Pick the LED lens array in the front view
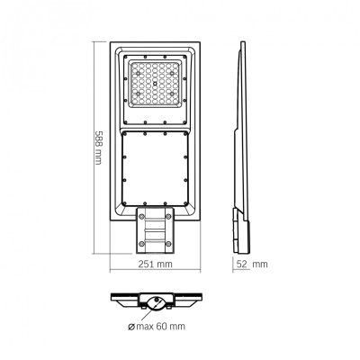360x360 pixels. (157, 91)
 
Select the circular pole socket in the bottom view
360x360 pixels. (159, 303)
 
